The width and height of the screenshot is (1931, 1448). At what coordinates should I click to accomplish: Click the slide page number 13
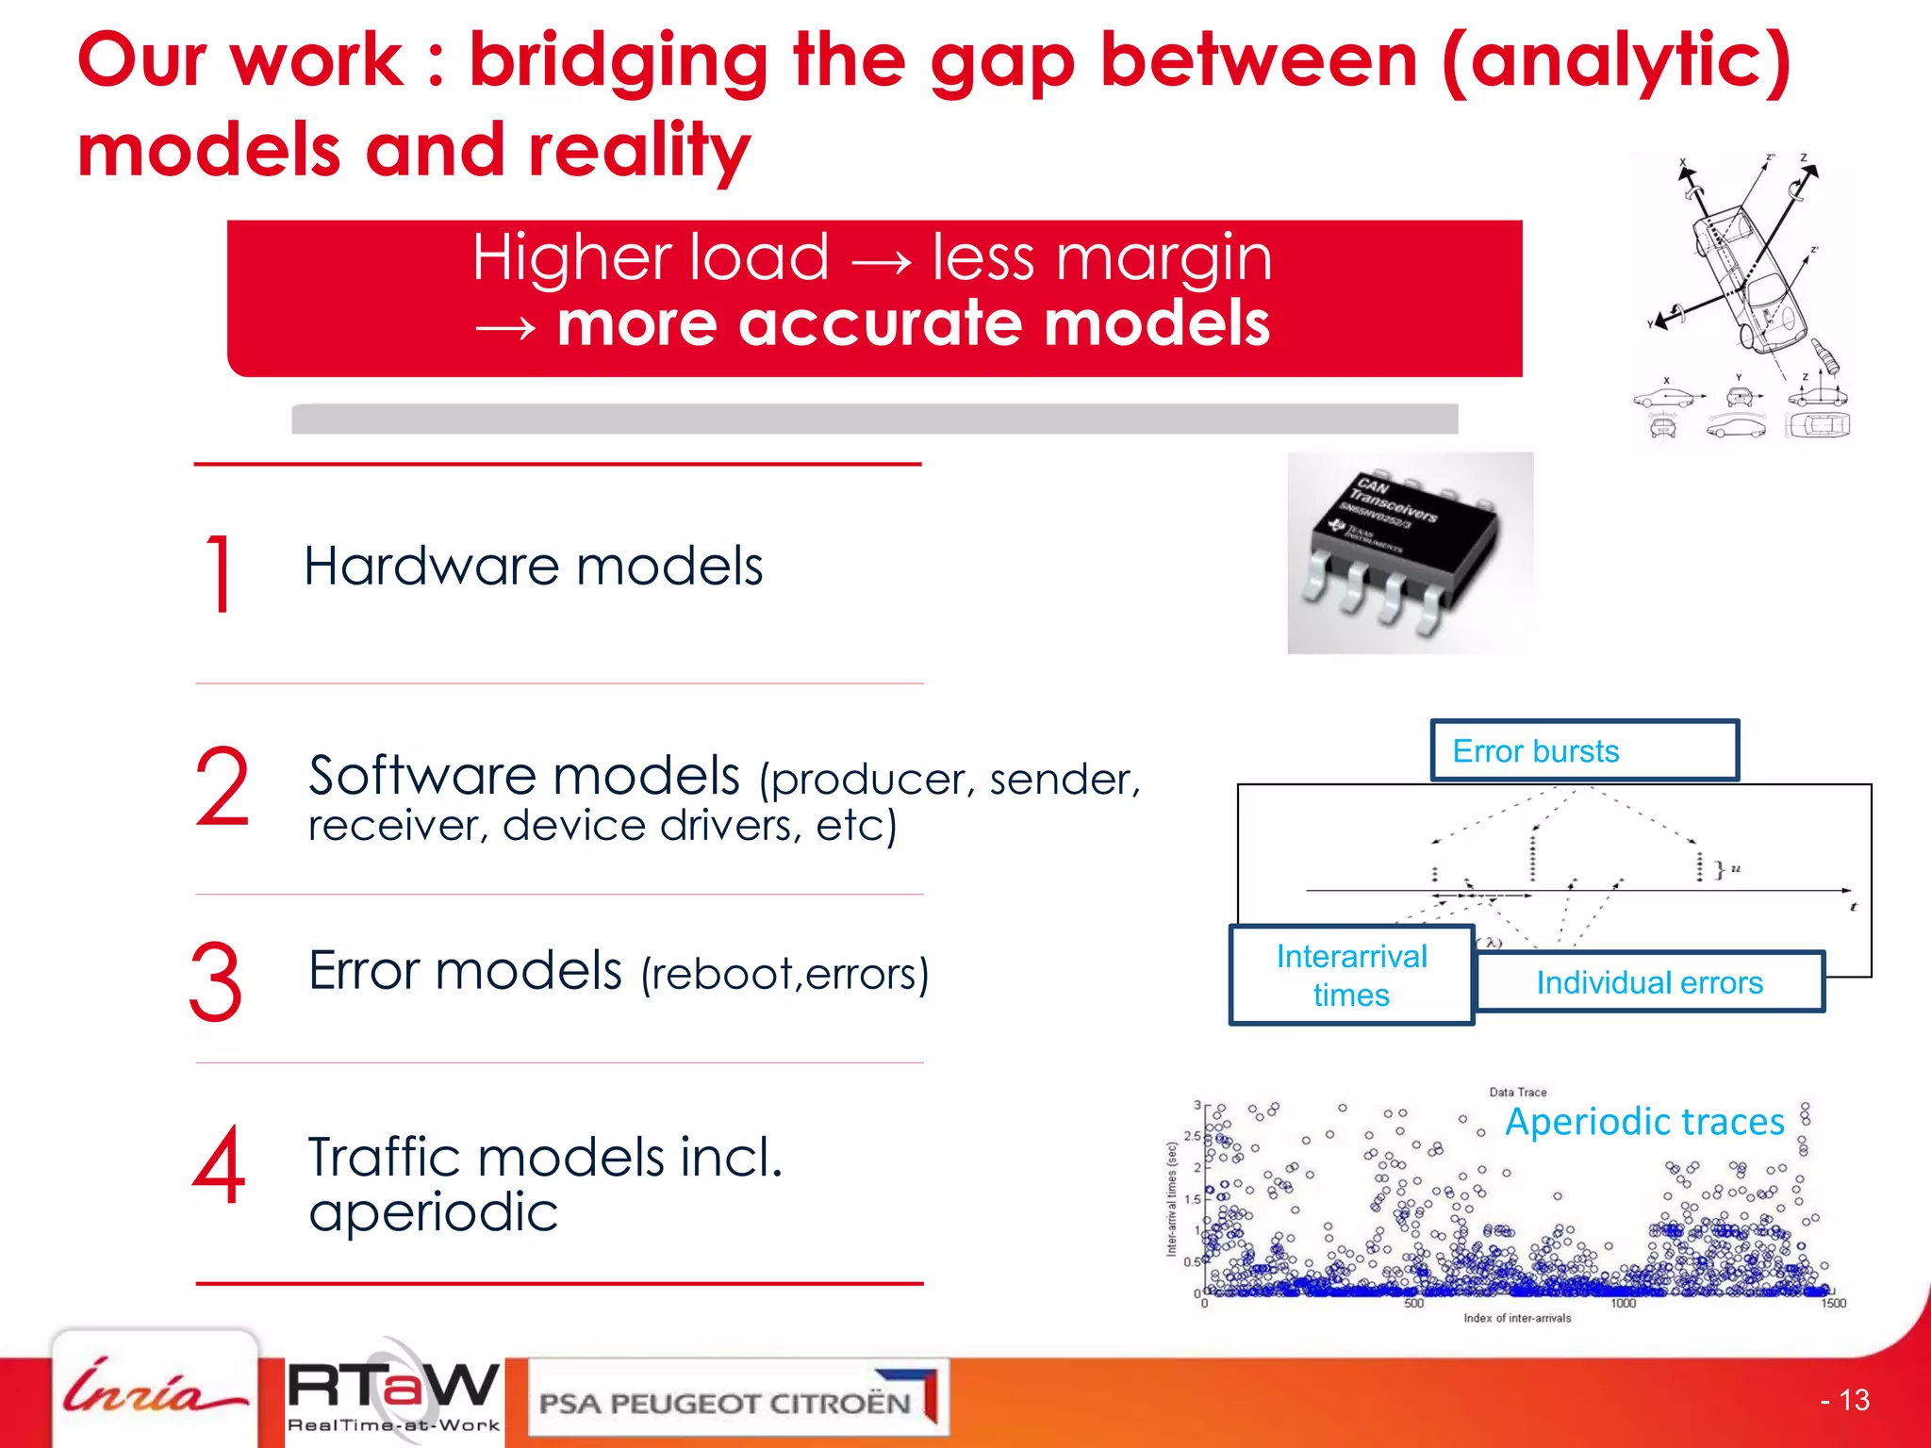pos(1846,1400)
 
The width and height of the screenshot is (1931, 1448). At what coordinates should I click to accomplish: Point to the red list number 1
pos(219,573)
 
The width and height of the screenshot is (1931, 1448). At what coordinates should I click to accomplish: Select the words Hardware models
pos(533,567)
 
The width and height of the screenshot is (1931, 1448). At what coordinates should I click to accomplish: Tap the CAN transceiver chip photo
pos(1409,553)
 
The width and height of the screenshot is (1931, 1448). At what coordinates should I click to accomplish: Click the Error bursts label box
pos(1584,751)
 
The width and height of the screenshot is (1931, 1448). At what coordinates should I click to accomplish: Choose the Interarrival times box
pos(1351,976)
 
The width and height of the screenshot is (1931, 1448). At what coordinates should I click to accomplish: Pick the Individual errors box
pos(1649,982)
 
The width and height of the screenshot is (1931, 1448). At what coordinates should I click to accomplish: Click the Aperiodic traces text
pos(1644,1122)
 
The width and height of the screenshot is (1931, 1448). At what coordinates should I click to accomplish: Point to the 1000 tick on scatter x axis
pos(1623,1304)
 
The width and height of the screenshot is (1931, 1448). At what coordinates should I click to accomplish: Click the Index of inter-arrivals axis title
pos(1517,1318)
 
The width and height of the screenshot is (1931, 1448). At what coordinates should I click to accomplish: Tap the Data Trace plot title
pos(1517,1092)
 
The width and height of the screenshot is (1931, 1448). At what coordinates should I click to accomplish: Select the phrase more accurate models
pos(913,323)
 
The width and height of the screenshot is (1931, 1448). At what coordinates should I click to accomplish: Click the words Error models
pos(465,970)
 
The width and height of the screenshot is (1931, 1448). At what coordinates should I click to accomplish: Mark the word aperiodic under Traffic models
pos(434,1212)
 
